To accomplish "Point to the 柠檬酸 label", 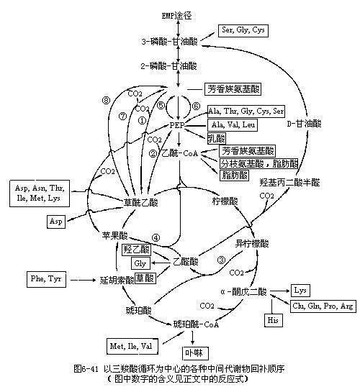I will pos(225,199).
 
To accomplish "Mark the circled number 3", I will pos(222,260).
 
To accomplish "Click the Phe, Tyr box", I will pos(48,277).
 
